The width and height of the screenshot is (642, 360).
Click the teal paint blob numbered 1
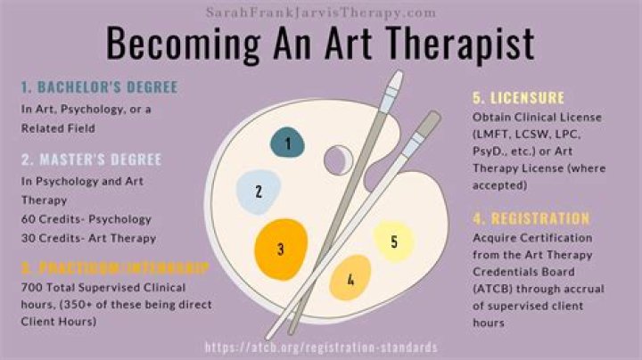[x=287, y=143]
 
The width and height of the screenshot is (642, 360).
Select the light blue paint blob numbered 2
[x=259, y=190]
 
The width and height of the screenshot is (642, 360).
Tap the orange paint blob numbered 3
[x=281, y=249]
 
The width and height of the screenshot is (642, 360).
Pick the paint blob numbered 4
[x=350, y=280]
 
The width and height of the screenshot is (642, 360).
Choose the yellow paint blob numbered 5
[x=393, y=241]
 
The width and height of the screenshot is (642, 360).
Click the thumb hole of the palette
[x=336, y=160]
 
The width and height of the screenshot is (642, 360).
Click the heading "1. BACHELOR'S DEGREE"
[x=100, y=87]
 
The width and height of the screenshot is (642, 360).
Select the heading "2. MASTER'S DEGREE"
[x=92, y=160]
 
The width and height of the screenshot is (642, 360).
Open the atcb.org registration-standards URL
[x=321, y=348]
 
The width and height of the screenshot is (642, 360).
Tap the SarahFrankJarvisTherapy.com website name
[x=321, y=12]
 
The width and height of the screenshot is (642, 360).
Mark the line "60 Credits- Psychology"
[x=86, y=219]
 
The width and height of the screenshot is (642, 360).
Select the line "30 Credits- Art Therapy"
[x=89, y=238]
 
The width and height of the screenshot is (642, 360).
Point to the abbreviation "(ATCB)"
[x=497, y=289]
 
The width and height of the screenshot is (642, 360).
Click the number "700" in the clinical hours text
[x=32, y=287]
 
